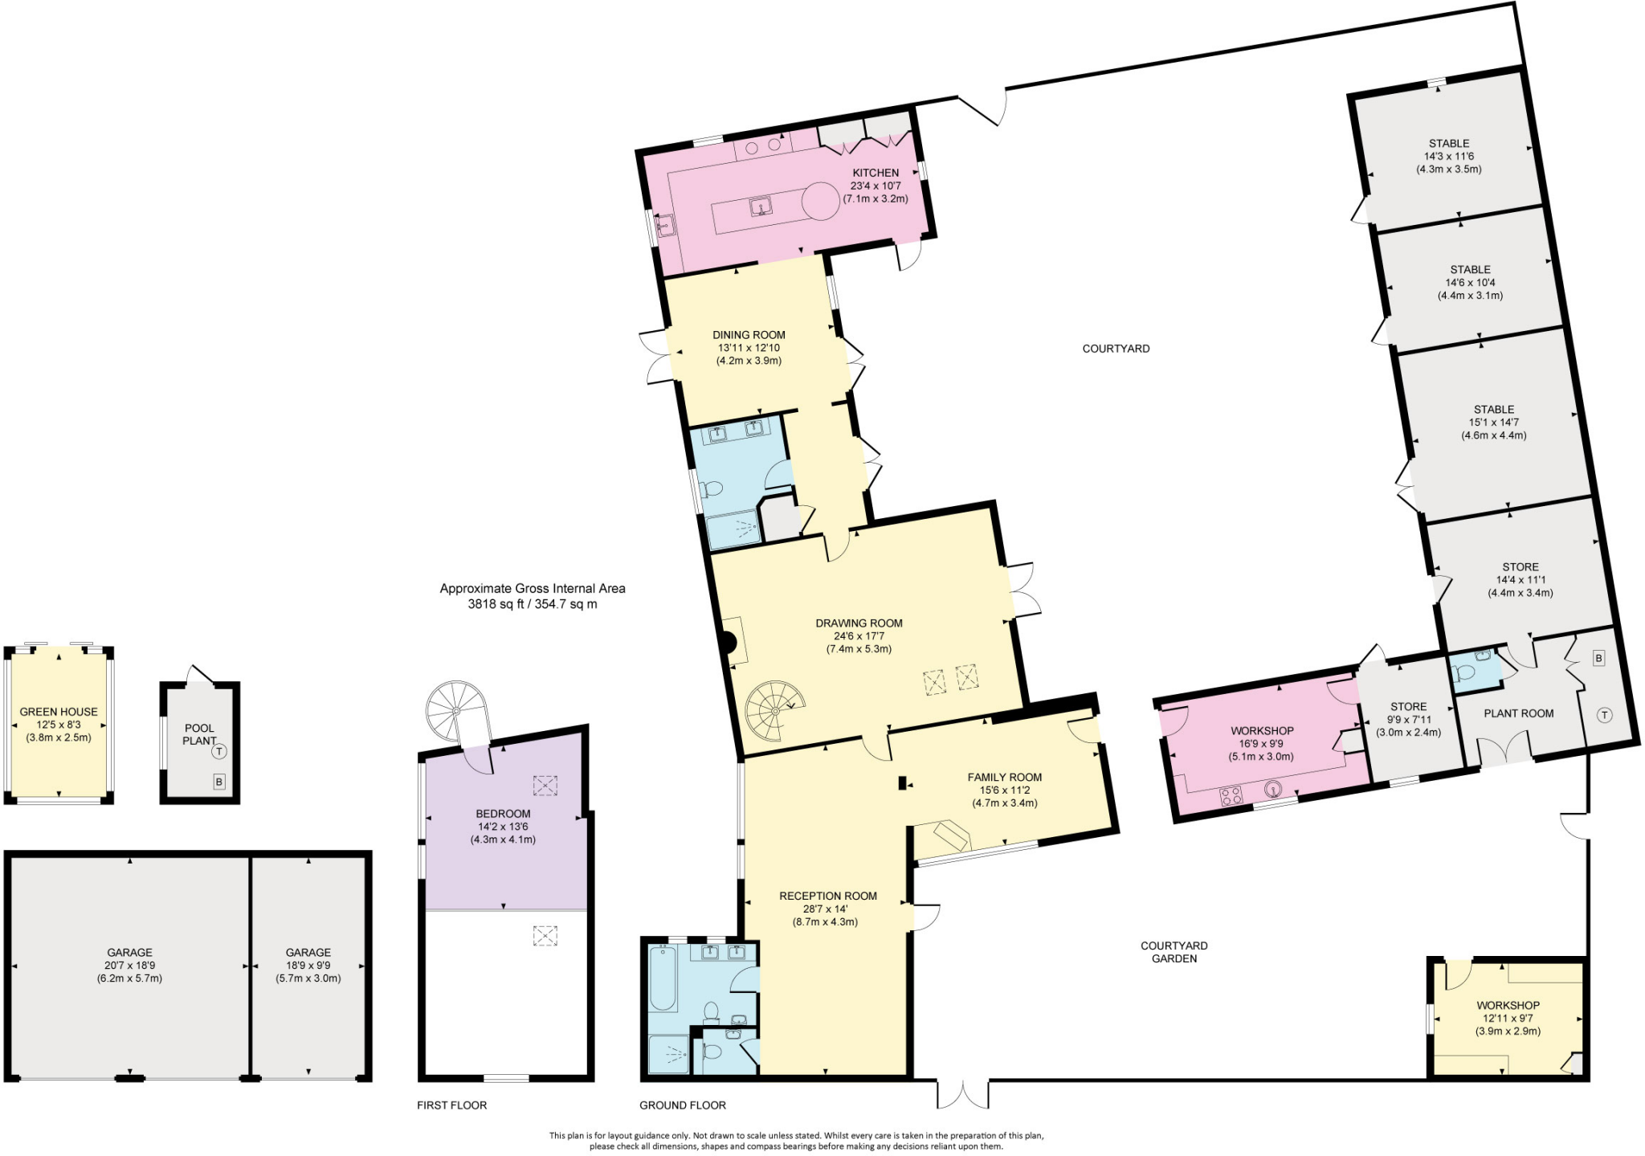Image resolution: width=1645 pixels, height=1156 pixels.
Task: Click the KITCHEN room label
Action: (876, 173)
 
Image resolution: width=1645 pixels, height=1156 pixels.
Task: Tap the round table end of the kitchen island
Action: (820, 201)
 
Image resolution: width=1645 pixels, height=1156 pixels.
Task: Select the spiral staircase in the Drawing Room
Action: (773, 710)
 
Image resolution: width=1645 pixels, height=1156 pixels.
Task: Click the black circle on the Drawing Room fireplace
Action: (727, 643)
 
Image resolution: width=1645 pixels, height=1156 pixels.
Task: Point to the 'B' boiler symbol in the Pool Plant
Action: (218, 782)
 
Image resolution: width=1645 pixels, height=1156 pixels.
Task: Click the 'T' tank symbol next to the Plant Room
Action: (1604, 715)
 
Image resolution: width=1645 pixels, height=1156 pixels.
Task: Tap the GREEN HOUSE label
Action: (59, 712)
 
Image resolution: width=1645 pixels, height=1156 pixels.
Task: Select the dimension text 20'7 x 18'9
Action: (129, 966)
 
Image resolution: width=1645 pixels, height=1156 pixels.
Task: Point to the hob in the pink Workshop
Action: (1231, 795)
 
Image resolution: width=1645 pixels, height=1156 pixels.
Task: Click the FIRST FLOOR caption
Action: (451, 1105)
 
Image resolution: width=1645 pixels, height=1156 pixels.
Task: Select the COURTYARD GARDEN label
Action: (1174, 952)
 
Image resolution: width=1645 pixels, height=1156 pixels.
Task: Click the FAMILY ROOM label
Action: (1004, 777)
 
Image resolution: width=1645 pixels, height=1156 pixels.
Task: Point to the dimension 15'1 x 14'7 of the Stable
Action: (1493, 423)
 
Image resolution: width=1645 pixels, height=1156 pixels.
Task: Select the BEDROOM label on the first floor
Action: (503, 814)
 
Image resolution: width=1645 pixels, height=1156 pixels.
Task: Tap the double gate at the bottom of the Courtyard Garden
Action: (962, 1094)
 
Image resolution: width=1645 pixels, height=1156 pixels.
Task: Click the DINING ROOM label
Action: (749, 335)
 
